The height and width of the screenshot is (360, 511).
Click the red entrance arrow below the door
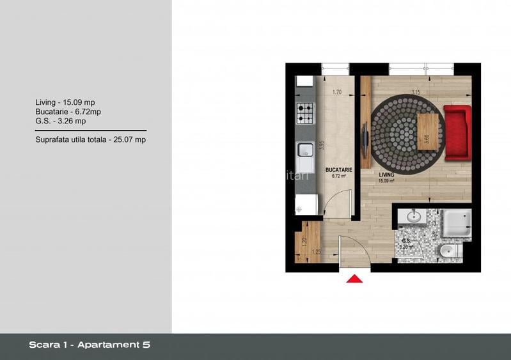[x=354, y=278]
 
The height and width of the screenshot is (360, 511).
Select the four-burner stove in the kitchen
[x=304, y=114]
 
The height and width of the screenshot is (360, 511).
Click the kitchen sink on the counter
[x=304, y=150]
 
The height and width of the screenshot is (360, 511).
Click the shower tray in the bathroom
[x=457, y=223]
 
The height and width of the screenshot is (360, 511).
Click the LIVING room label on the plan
[x=386, y=175]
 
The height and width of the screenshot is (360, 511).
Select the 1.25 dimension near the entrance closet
[x=315, y=251]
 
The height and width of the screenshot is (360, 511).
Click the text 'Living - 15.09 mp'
[x=65, y=102]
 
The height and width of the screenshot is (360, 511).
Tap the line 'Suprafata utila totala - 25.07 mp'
[x=90, y=139]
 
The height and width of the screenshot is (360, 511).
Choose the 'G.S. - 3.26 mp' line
[x=61, y=120]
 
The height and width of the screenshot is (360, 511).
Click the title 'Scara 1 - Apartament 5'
[x=90, y=345]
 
